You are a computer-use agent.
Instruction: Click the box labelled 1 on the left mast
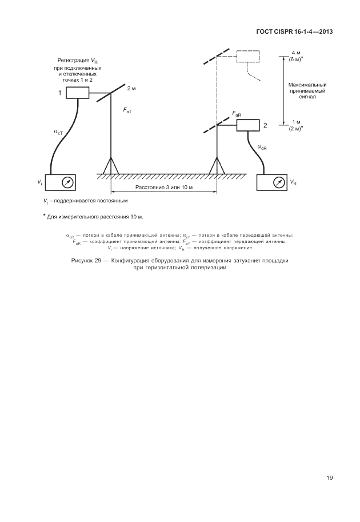77,92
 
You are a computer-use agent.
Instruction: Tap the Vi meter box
62,182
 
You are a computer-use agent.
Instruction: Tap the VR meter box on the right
274,182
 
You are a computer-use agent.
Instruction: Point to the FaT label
127,110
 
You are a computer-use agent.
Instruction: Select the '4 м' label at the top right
295,53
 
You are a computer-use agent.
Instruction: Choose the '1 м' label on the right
295,122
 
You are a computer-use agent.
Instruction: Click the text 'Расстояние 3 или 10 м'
164,187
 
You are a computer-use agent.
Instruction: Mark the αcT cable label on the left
59,132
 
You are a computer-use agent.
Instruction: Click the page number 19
330,478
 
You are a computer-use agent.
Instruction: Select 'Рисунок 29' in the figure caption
85,261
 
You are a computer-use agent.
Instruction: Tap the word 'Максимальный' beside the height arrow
307,85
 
